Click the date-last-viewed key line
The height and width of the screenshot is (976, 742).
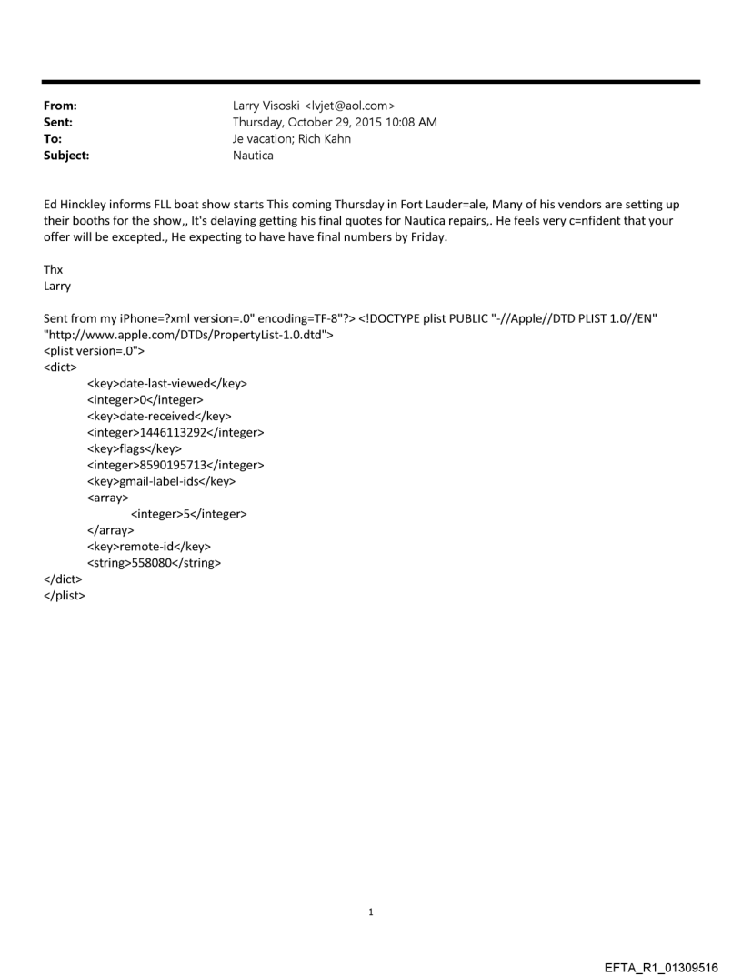tap(167, 384)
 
